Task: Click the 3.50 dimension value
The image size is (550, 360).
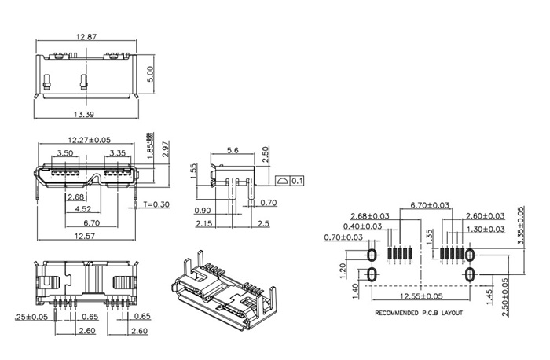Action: [66, 152]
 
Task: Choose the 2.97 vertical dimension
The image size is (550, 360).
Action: [165, 149]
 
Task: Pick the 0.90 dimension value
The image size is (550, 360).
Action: [203, 211]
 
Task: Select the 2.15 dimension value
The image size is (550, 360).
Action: [203, 225]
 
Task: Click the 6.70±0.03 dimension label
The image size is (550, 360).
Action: [431, 205]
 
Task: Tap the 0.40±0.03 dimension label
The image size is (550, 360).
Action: [361, 226]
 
